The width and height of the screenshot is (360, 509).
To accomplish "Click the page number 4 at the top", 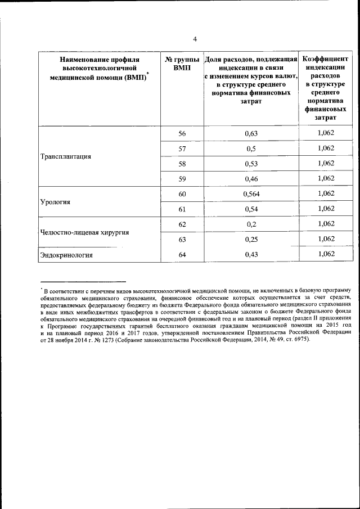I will tap(195, 39).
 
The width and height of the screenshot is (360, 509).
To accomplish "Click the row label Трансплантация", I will tap(66, 156).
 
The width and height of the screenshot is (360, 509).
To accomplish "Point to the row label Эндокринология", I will tap(66, 255).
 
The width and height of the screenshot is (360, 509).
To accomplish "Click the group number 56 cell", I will tap(182, 133).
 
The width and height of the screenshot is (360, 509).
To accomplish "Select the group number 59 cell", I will tap(182, 179).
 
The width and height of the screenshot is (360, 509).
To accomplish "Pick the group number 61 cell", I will tap(182, 209).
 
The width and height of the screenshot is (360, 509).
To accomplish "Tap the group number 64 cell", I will tap(182, 255).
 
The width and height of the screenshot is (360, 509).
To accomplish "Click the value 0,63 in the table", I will tap(251, 133).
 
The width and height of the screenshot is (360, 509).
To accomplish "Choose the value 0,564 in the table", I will tap(251, 194).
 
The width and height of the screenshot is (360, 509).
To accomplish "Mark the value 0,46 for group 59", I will tap(251, 179).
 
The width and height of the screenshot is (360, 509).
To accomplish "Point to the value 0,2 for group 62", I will tap(251, 224).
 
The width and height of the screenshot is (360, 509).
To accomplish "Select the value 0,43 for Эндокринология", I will tap(251, 255).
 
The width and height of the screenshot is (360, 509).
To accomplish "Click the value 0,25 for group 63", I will tap(251, 240).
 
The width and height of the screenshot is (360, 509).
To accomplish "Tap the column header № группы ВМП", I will tap(182, 64).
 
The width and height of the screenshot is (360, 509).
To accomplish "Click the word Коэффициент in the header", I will tap(326, 59).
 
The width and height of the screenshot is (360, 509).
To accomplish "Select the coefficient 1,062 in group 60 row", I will tap(326, 193).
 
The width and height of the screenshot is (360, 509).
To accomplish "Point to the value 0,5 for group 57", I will tap(251, 148).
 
